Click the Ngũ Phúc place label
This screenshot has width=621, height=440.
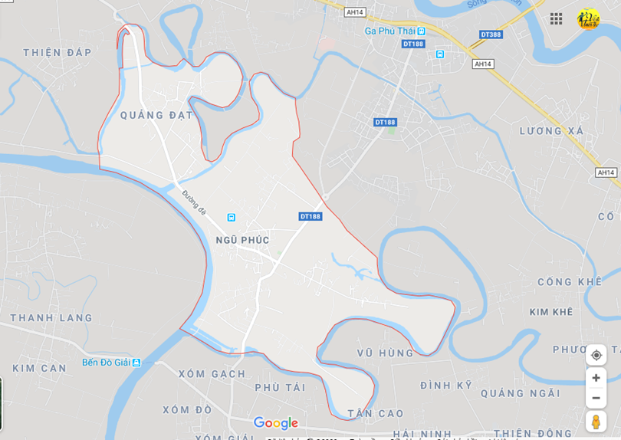click(x=242, y=240)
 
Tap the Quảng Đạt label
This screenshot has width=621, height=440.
click(x=157, y=115)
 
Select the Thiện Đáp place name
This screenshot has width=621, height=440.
click(x=58, y=52)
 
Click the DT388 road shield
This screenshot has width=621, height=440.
click(x=491, y=34)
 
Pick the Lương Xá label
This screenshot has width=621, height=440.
click(x=551, y=131)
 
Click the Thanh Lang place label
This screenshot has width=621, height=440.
click(x=51, y=317)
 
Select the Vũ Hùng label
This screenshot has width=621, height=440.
click(x=385, y=353)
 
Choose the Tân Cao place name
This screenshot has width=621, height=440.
click(x=376, y=413)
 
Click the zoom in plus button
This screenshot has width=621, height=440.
click(x=596, y=378)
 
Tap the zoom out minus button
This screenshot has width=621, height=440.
click(x=596, y=398)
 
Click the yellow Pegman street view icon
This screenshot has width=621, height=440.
click(x=596, y=422)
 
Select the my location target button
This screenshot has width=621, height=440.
click(x=596, y=355)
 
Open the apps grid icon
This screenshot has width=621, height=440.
click(x=556, y=18)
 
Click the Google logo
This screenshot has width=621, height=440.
click(x=275, y=423)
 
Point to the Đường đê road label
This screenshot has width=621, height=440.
click(x=194, y=202)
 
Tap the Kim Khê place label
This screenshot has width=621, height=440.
click(x=550, y=312)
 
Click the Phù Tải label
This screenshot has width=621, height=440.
click(x=280, y=387)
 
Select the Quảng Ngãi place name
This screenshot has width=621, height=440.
click(x=521, y=393)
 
